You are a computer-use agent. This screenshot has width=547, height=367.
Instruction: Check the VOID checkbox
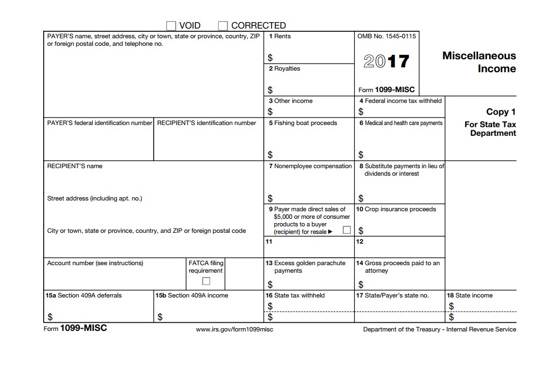click(x=171, y=25)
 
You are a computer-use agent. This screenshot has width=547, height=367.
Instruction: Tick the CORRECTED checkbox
click(x=223, y=25)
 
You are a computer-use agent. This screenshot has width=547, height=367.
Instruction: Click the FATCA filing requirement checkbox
click(x=206, y=281)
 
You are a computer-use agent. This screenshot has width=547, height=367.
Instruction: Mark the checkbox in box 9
click(x=347, y=230)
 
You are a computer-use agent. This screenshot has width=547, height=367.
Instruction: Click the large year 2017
click(x=386, y=61)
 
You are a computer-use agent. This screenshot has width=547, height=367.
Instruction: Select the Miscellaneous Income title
click(x=479, y=62)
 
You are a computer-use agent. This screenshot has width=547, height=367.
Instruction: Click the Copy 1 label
click(x=501, y=112)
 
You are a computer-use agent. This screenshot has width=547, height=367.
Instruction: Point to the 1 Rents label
click(x=280, y=36)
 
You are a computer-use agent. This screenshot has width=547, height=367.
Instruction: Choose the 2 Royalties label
click(x=285, y=68)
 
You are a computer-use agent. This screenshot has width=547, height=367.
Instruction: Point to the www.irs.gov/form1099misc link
click(x=234, y=329)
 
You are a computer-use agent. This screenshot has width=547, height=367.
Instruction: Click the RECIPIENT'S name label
click(x=74, y=166)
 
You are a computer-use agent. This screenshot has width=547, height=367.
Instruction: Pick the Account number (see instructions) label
click(x=95, y=263)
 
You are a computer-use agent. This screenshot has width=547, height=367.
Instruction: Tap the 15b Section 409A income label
click(x=191, y=295)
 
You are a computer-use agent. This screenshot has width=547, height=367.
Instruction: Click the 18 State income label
click(x=469, y=295)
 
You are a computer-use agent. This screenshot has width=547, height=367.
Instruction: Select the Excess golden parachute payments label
click(x=306, y=267)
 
